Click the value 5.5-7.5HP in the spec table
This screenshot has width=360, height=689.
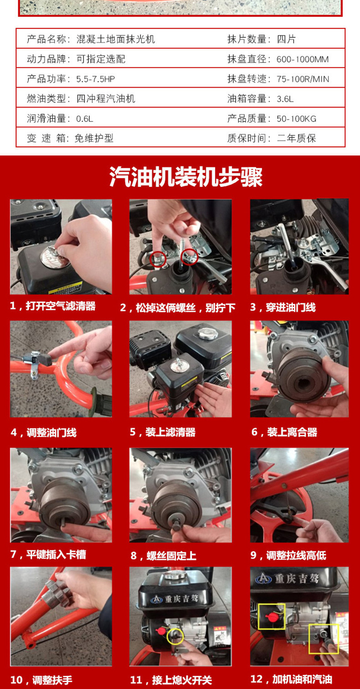96,79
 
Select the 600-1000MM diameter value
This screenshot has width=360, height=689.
303,59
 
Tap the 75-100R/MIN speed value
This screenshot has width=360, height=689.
303,79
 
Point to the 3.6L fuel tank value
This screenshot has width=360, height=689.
285,99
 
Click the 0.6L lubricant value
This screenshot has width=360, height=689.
85,119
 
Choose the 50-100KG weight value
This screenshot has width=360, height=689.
296,119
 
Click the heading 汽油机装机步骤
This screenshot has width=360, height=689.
186,177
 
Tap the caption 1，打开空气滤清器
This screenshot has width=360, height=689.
52,306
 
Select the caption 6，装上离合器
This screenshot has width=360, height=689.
284,432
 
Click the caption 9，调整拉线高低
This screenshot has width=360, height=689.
288,555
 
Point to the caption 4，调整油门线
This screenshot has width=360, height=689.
43,432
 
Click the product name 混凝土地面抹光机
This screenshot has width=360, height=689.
116,39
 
